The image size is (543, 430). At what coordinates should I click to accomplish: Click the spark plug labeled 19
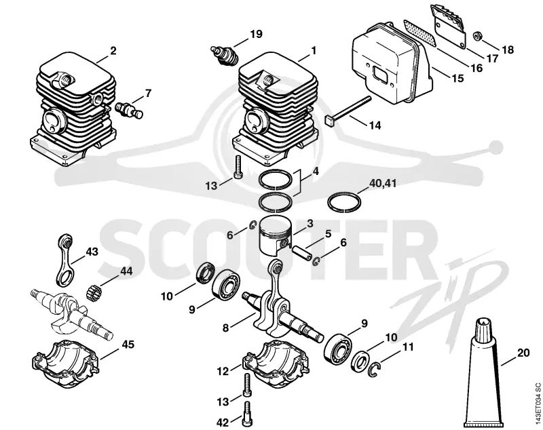(x=225, y=56)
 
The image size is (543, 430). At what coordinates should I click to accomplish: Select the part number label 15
(x=457, y=78)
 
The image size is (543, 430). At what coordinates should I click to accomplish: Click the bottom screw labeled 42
(x=247, y=414)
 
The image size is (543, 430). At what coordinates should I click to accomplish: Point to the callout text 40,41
(x=383, y=183)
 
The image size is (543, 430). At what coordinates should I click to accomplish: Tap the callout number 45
(x=128, y=345)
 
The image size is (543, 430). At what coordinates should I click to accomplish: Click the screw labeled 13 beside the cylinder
(x=238, y=168)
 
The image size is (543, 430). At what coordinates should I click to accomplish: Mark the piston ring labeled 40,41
(x=345, y=201)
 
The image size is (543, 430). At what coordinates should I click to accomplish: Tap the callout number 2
(x=113, y=51)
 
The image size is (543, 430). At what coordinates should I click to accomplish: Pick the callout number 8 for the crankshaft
(x=225, y=328)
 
